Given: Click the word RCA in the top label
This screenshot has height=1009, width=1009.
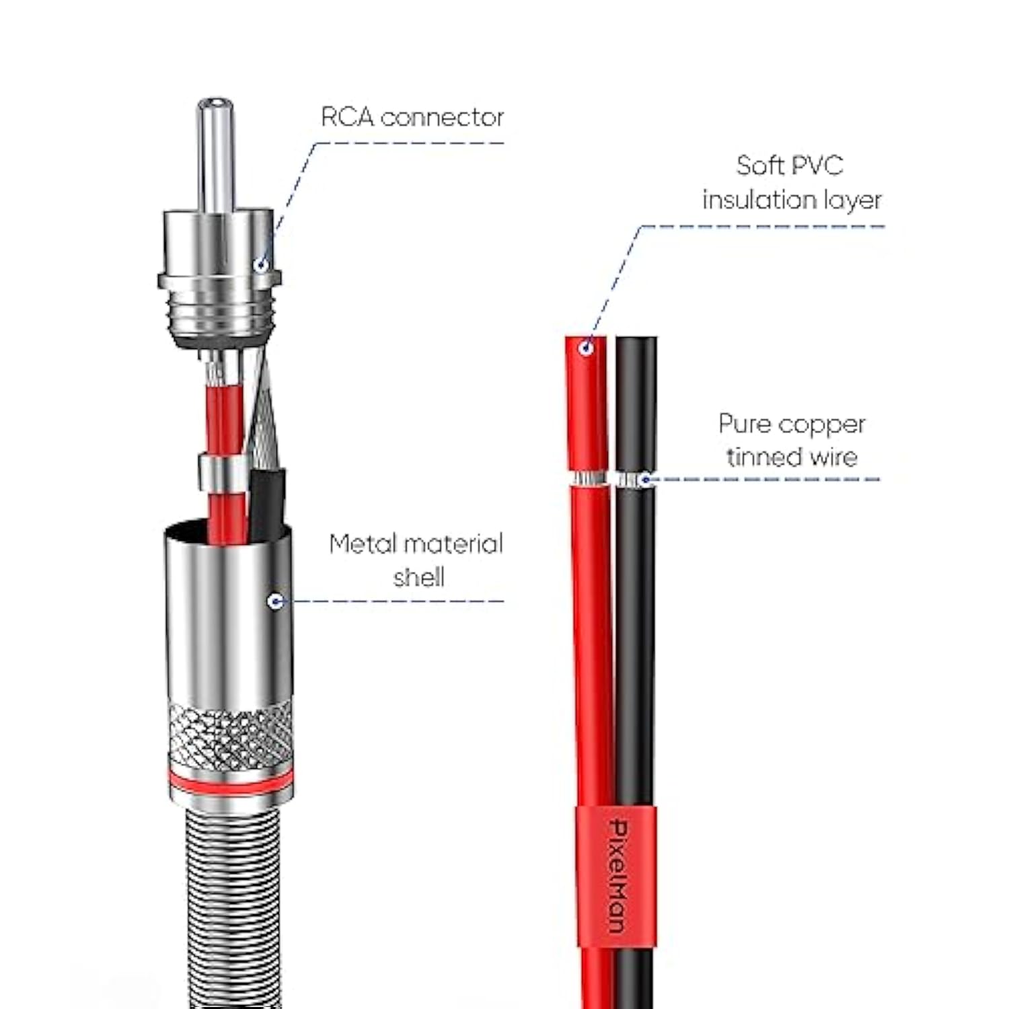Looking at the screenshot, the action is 347,117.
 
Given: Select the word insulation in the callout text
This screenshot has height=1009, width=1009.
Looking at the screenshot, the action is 757,200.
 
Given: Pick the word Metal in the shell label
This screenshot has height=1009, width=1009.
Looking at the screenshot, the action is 363,544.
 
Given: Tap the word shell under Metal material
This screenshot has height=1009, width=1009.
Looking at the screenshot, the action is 418,577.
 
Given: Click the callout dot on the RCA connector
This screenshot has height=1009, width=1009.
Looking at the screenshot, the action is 261,265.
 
